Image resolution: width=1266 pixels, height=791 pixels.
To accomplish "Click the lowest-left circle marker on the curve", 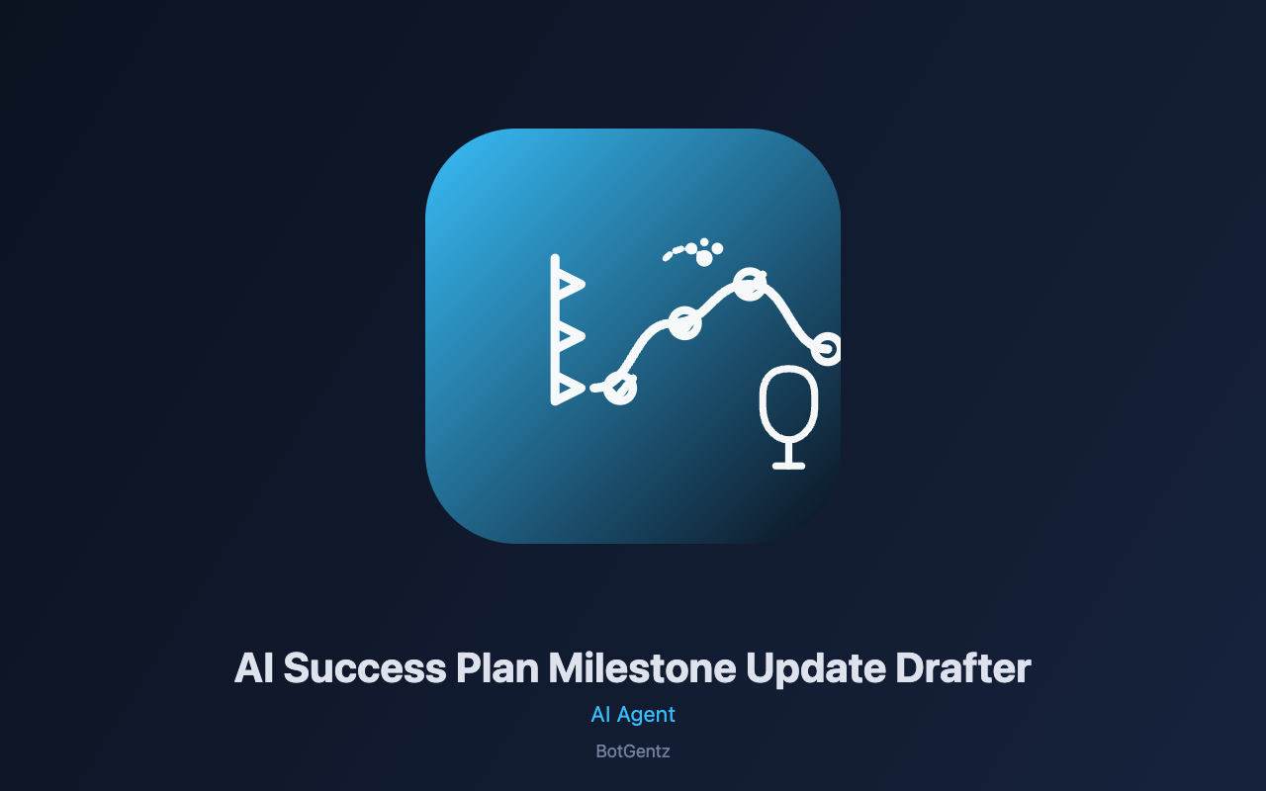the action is (x=620, y=389).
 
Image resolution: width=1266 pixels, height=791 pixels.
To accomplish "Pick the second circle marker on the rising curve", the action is (x=685, y=323).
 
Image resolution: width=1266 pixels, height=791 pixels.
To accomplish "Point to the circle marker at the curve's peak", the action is (x=750, y=284).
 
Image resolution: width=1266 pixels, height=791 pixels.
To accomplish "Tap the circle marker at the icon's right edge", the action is (x=826, y=349).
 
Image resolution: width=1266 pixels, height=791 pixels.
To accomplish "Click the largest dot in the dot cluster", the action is (x=704, y=258).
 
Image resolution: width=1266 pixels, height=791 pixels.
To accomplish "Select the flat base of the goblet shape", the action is (x=788, y=466).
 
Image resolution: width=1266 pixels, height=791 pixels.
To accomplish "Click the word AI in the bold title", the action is (x=254, y=667).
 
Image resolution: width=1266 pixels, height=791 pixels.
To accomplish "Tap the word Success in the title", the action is (x=365, y=668).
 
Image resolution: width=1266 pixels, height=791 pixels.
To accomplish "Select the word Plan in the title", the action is (x=497, y=667).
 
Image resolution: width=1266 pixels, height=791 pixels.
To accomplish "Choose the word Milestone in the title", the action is (x=642, y=667).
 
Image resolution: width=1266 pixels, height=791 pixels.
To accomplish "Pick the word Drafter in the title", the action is (x=963, y=667).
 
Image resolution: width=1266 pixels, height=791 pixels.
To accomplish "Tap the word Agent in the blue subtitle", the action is (x=646, y=715).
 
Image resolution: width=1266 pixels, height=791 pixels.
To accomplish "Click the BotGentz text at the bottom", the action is (x=633, y=751).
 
